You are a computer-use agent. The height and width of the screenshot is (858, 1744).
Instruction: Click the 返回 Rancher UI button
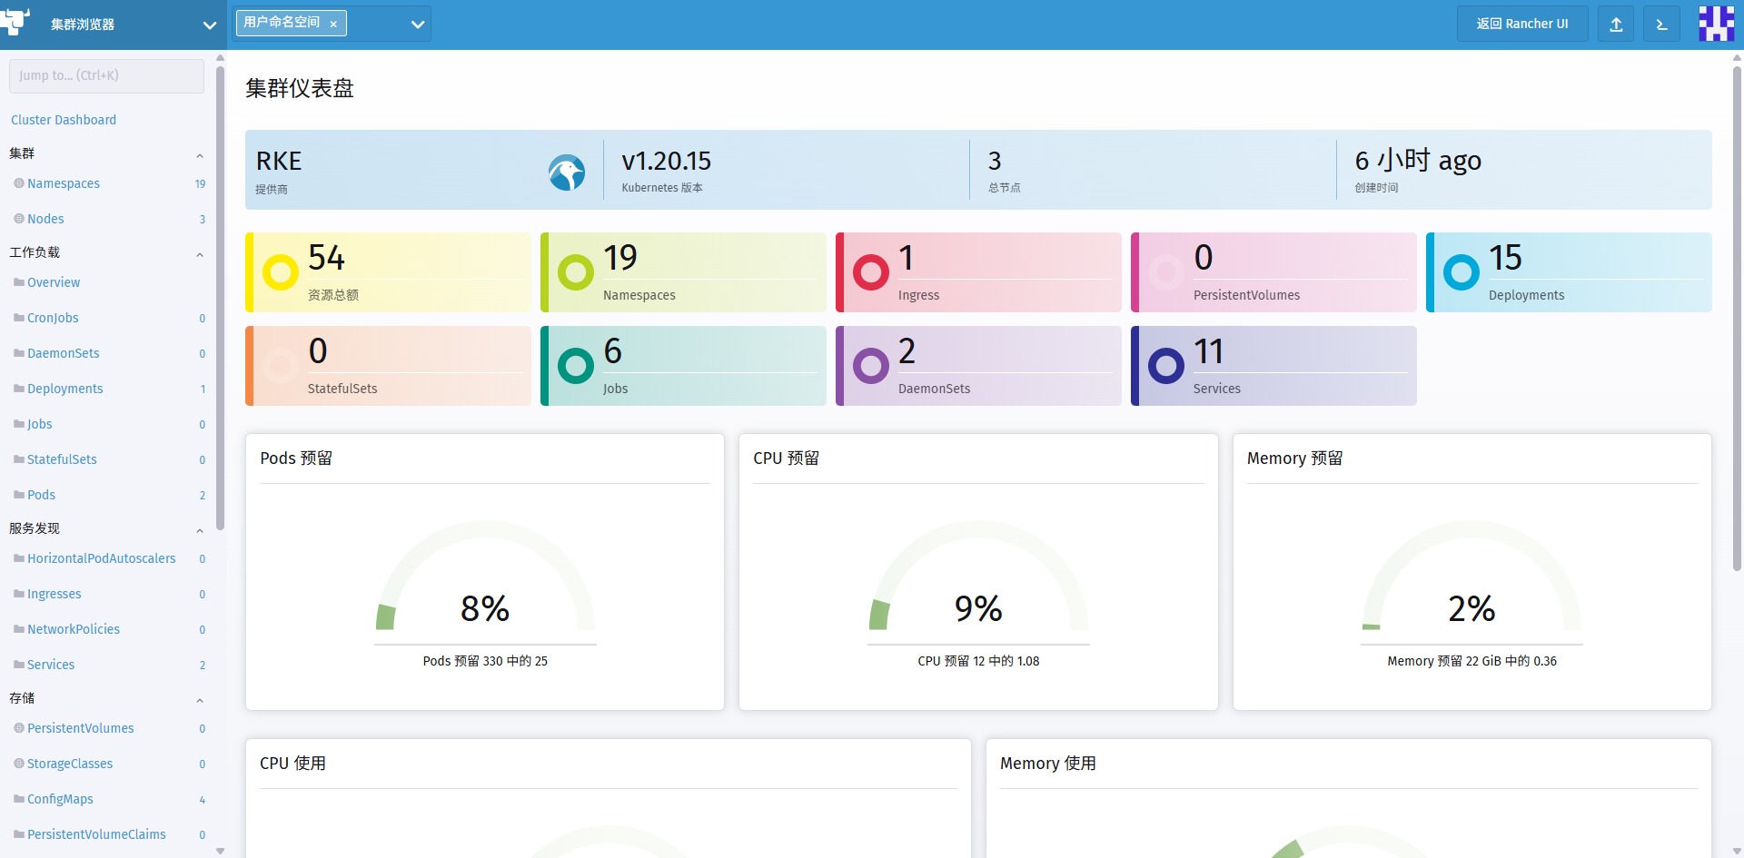coord(1522,24)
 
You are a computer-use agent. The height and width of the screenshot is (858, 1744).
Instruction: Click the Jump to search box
coord(106,75)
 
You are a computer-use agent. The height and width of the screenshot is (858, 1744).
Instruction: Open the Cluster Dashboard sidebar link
coord(64,120)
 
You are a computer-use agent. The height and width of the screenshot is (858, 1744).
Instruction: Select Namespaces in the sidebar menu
coord(64,183)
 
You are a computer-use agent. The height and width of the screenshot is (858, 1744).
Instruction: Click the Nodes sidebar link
coord(45,219)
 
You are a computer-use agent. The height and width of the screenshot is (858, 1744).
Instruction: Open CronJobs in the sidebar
coord(53,318)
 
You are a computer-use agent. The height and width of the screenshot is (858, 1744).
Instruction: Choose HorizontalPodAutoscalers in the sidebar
coord(102,558)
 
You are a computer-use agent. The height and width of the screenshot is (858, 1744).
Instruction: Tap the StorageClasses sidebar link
coord(70,764)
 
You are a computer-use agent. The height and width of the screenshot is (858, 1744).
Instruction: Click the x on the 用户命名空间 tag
coord(333,25)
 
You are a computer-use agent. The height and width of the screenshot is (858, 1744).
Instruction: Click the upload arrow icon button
coord(1616,24)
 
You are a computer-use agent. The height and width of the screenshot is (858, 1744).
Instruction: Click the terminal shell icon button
coord(1661,24)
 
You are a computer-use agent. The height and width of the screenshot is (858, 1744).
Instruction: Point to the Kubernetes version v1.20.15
coord(667,161)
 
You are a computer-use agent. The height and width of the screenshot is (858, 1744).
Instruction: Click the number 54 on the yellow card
coord(326,257)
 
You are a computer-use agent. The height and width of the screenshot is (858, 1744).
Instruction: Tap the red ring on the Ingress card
coord(870,271)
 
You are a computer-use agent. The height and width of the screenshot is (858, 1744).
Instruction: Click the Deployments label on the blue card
coord(1526,295)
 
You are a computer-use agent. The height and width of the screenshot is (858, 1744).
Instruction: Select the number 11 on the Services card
coord(1208,350)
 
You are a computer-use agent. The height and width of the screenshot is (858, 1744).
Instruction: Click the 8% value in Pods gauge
coord(485,608)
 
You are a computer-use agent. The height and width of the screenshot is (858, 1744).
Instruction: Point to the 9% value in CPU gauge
coord(978,608)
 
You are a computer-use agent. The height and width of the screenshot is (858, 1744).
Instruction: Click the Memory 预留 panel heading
coord(1294,459)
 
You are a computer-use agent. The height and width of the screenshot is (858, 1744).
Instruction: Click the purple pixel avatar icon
coord(1716,24)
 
